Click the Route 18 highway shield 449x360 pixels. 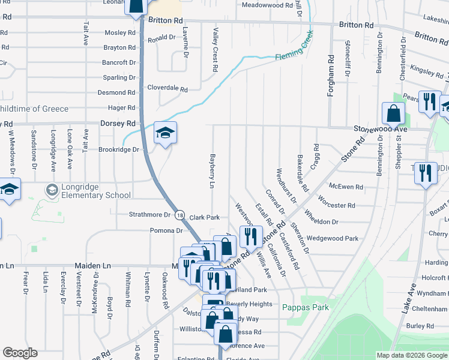tap(180, 214)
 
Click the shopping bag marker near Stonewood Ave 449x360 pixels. tap(393, 113)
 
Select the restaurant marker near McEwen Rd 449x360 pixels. tap(426, 173)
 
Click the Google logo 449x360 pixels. tap(20, 353)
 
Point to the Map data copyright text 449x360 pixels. tap(411, 355)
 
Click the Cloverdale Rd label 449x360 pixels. tap(167, 88)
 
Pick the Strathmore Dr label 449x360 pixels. tap(149, 214)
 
